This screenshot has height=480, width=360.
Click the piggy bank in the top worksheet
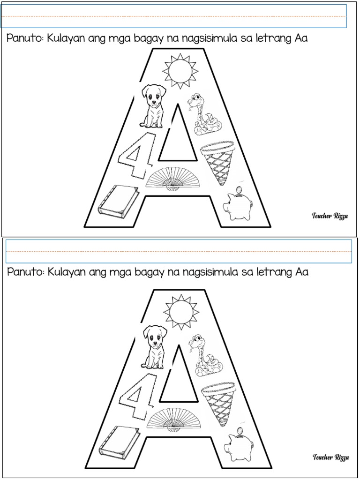click(x=237, y=205)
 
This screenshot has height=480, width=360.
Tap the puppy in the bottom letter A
click(x=154, y=346)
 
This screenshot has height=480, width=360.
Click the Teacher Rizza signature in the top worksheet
click(x=330, y=216)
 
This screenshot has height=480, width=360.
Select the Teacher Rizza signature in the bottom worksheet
click(x=330, y=457)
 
